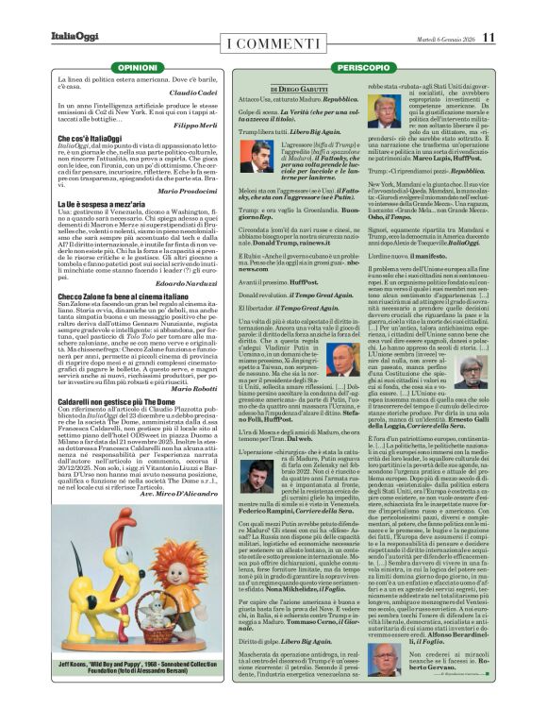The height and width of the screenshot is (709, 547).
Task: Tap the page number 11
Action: pos(488,37)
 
